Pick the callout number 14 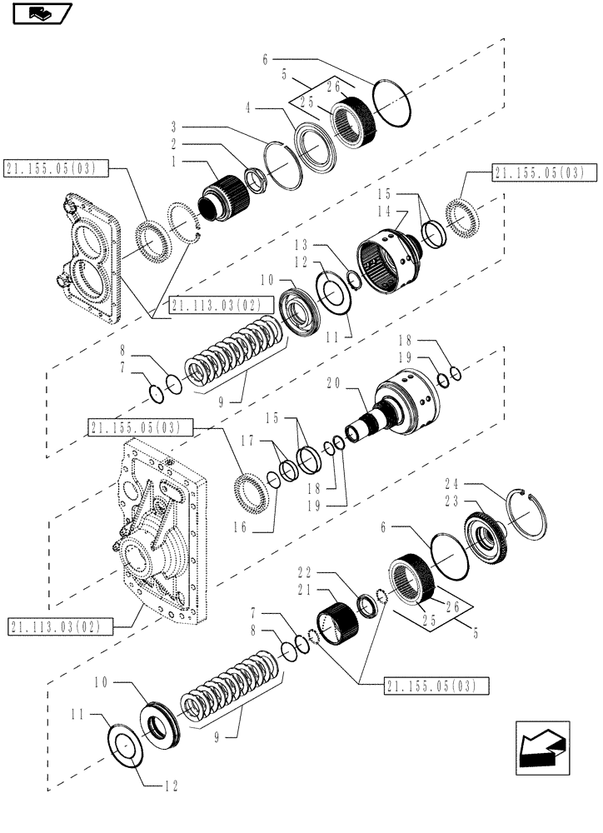pyautogui.click(x=385, y=211)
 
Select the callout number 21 pyautogui.click(x=306, y=588)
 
